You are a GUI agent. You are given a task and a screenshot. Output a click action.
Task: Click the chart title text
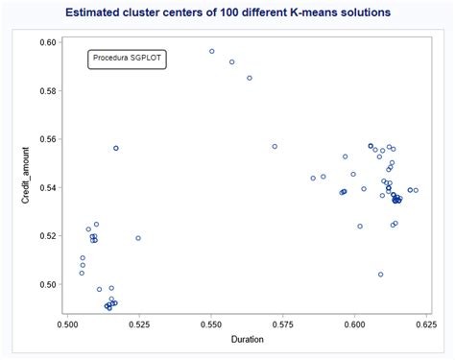[227, 13]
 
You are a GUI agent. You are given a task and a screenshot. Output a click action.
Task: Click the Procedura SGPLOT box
[127, 59]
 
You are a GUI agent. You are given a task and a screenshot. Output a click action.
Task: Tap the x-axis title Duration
[247, 339]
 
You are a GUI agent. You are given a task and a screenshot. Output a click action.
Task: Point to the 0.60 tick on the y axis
[48, 43]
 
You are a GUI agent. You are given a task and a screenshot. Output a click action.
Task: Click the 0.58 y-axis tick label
[48, 91]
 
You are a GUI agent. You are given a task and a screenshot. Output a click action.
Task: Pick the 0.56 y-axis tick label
[48, 139]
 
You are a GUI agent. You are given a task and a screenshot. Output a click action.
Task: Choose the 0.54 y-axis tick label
[48, 187]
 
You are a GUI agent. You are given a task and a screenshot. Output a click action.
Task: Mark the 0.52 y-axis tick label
[48, 236]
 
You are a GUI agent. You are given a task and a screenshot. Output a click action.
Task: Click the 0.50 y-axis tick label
[48, 284]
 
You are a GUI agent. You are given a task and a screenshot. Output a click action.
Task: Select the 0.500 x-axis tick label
[67, 324]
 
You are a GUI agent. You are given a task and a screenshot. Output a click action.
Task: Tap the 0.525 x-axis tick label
[139, 324]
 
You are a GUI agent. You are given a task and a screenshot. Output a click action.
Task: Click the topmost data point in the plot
[212, 51]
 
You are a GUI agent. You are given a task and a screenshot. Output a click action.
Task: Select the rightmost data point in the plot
[416, 190]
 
